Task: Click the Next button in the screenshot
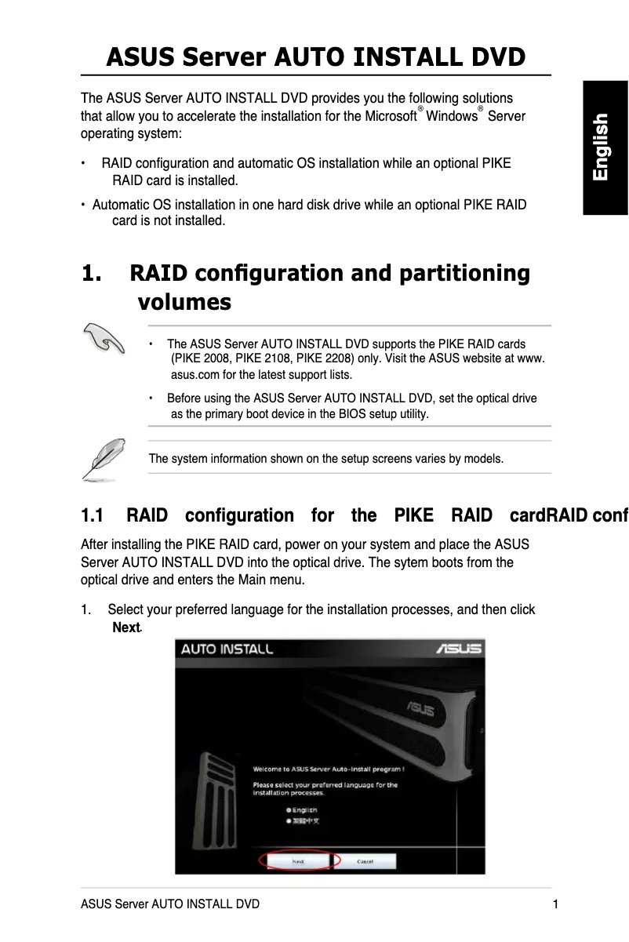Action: point(298,860)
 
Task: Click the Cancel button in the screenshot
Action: point(365,860)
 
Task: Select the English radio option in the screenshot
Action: point(289,809)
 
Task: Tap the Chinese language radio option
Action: point(289,821)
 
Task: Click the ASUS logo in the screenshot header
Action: point(458,649)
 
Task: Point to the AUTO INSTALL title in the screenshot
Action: point(227,649)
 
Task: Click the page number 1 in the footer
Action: point(555,904)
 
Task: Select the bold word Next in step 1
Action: point(126,627)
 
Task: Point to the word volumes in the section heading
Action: point(184,302)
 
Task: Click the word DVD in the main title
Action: point(493,57)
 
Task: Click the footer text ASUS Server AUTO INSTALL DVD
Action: point(170,904)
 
